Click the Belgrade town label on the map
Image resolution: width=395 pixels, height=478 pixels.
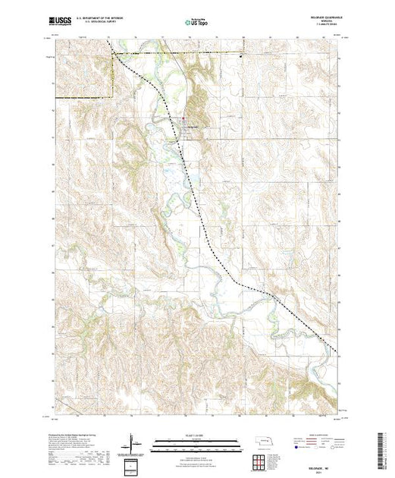coord(193,124)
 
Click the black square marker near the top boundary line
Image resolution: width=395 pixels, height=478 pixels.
coord(242,55)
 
